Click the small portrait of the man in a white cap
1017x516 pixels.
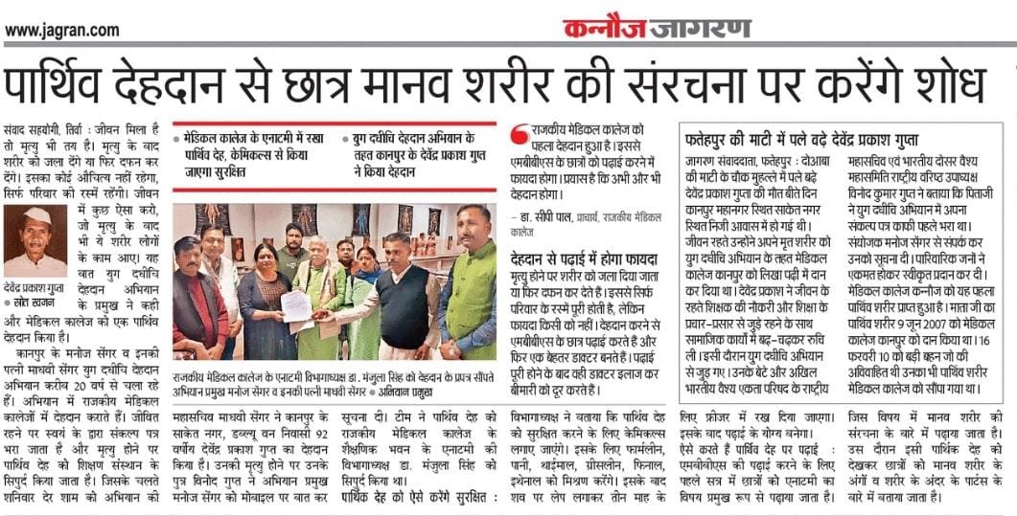(x=35, y=240)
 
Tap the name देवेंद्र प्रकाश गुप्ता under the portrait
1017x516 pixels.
(x=35, y=286)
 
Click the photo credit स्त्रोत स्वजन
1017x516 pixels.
(x=35, y=301)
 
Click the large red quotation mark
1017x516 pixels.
(x=520, y=135)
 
